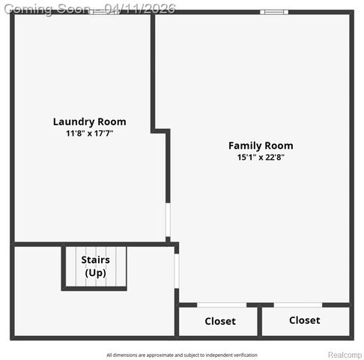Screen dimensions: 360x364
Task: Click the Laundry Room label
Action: [x=89, y=121]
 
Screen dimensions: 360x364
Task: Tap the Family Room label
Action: [x=261, y=145]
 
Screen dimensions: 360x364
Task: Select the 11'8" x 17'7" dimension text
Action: [x=89, y=133]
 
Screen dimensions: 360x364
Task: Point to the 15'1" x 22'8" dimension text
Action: [x=261, y=157]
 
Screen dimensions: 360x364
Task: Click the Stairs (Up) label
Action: [x=96, y=266]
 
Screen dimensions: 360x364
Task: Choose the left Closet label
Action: [x=220, y=321]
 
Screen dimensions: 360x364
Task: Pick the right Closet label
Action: [x=304, y=320]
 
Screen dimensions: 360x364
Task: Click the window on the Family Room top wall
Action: [x=273, y=12]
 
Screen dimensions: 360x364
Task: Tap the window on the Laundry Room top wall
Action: [x=103, y=12]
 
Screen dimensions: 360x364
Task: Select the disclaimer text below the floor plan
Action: [x=182, y=355]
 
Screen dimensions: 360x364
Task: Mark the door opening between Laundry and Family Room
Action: [x=168, y=220]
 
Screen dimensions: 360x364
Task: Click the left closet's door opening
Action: [x=222, y=304]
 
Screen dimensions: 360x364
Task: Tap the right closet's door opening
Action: [x=298, y=304]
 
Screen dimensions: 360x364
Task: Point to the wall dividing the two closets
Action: [x=259, y=321]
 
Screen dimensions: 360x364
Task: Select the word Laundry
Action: [x=73, y=121]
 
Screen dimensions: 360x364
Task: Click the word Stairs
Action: [x=96, y=260]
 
